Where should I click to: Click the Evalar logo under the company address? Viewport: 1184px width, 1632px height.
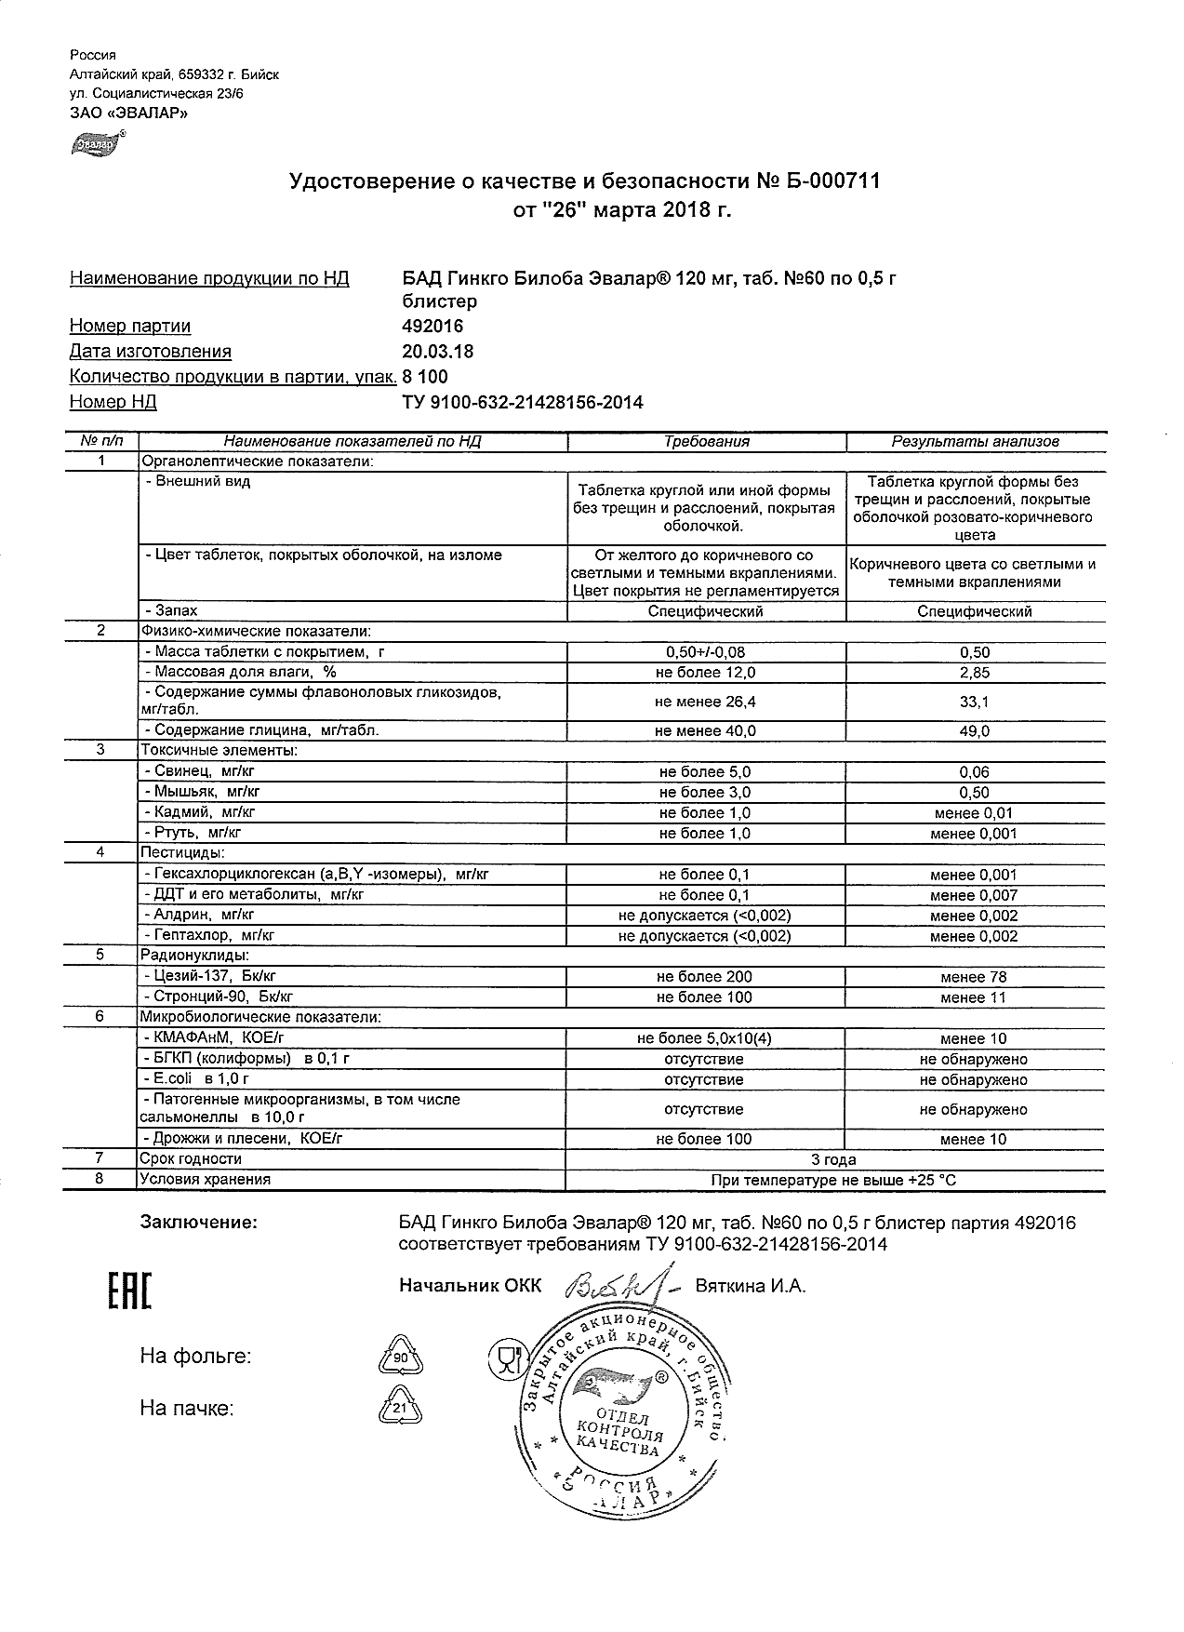pyautogui.click(x=96, y=144)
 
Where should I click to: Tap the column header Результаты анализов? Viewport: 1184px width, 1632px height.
pyautogui.click(x=975, y=442)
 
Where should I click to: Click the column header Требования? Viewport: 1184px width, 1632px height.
pyautogui.click(x=706, y=442)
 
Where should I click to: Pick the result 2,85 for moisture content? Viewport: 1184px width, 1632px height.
pyautogui.click(x=975, y=673)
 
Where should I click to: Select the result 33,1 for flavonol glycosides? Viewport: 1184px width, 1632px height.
pyautogui.click(x=975, y=702)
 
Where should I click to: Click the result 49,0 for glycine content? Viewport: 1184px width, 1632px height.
pyautogui.click(x=975, y=732)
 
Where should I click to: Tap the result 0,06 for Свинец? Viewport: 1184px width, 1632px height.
pyautogui.click(x=975, y=772)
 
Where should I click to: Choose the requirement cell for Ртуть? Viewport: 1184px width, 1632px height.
pyautogui.click(x=705, y=834)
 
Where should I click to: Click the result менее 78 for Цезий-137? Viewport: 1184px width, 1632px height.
pyautogui.click(x=974, y=977)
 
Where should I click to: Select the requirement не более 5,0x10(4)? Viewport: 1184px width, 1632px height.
pyautogui.click(x=705, y=1038)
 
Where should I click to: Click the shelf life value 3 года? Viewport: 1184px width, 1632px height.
pyautogui.click(x=834, y=1159)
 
